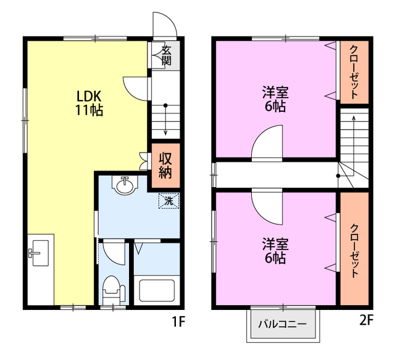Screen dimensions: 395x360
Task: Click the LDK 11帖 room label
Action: [x=89, y=103]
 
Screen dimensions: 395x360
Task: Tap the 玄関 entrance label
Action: [x=166, y=56]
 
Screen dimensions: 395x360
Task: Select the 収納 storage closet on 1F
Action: [x=165, y=165]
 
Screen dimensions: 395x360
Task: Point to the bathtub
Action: [x=157, y=290]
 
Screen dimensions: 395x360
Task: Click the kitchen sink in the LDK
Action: [x=39, y=253]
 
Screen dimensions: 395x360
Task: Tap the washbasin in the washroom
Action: [x=125, y=185]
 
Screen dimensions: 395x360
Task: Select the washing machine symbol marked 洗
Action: [x=168, y=201]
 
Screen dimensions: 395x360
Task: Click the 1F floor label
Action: [x=178, y=322]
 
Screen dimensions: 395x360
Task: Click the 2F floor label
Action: [x=366, y=320]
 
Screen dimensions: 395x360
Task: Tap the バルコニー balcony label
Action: [x=283, y=324]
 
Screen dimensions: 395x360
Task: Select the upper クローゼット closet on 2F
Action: [x=354, y=72]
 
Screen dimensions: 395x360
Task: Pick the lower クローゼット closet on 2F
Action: [x=354, y=249]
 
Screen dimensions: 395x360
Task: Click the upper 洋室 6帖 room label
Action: [x=275, y=99]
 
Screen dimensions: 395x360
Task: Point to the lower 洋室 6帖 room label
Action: [x=275, y=251]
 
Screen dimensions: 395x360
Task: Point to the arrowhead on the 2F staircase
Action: [x=354, y=118]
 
